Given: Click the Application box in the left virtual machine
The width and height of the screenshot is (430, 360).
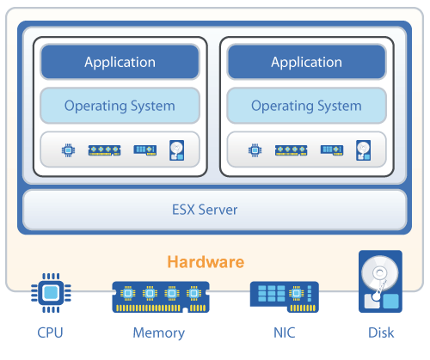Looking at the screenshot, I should tap(120, 62).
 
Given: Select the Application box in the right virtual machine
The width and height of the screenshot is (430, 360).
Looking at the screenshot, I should tap(306, 62).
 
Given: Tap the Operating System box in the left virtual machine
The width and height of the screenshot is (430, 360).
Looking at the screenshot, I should tap(120, 107).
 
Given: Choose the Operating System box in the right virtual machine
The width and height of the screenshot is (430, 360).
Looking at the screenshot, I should tap(306, 107).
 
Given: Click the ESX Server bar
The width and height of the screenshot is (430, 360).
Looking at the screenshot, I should tap(214, 209).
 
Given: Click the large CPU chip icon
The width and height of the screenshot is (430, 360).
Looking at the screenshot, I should tap(50, 294).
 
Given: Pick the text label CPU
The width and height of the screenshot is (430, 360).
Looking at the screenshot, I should tap(50, 333).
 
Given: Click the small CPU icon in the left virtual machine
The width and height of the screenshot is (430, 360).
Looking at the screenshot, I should tap(67, 149).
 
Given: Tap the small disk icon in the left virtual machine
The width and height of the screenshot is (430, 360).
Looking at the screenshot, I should tap(176, 149).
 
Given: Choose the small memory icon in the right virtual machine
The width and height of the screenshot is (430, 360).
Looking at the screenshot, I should tap(292, 149).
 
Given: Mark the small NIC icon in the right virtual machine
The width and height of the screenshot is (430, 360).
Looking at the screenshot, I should tap(332, 149).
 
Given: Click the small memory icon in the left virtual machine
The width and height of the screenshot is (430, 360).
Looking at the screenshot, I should tap(105, 149).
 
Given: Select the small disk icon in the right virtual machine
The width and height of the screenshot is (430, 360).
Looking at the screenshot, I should tap(364, 149).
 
